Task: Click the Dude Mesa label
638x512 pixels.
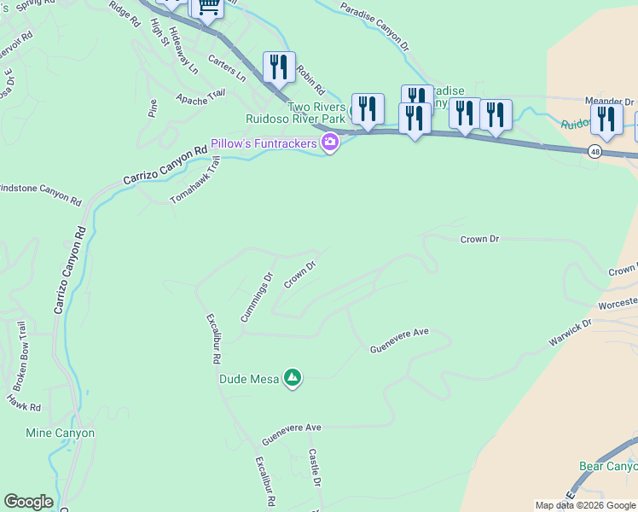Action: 249,379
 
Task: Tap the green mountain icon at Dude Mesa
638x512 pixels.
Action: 293,377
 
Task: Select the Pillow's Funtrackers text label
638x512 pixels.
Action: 264,143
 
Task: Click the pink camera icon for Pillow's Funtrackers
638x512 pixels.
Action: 329,143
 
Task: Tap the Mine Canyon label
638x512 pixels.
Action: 60,433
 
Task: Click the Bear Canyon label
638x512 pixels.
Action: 608,467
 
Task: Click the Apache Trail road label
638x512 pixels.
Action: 200,96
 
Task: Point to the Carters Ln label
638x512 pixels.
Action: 227,71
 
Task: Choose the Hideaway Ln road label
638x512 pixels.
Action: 183,49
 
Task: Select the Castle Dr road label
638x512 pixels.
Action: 315,468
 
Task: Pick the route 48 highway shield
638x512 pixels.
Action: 594,151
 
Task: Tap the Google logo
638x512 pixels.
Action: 28,502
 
